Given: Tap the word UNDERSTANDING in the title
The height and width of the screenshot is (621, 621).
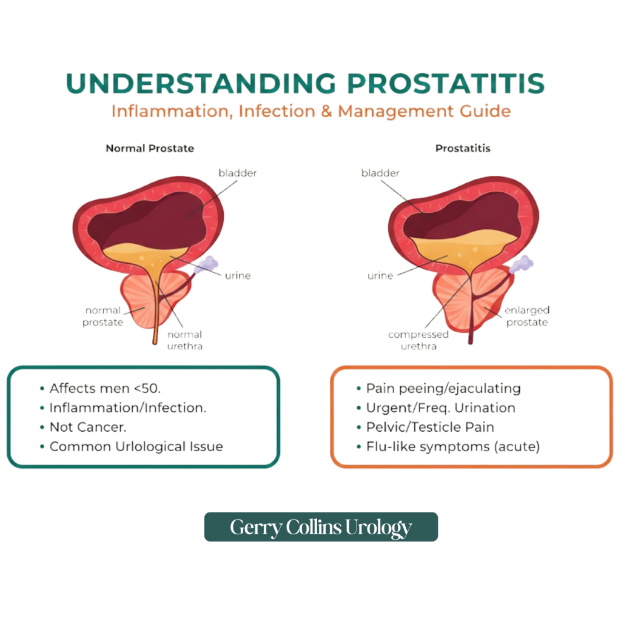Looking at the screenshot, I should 200,84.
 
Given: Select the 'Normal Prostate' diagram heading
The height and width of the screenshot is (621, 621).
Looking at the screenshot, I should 150,148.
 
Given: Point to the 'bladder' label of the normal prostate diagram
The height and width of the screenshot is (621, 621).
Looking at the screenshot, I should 237,173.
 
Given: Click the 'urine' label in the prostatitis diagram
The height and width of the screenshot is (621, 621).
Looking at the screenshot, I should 380,276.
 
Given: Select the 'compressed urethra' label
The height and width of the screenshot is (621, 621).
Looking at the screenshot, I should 418,340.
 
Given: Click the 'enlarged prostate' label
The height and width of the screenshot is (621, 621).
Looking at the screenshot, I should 526,316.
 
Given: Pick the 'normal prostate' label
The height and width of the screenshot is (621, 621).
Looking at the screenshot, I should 102,316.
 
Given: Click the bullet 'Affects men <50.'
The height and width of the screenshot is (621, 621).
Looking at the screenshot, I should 104,389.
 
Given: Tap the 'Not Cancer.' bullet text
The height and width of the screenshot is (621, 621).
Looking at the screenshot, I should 88,427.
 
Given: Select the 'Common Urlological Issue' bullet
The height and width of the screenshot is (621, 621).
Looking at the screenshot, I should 136,446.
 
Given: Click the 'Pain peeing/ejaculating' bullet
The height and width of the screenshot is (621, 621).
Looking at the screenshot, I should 443,389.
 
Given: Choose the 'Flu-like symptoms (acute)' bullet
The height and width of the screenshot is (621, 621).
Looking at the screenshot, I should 452,446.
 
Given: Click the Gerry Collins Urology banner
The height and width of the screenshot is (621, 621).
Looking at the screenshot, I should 321,527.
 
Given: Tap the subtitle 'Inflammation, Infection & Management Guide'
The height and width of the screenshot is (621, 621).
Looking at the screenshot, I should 310,112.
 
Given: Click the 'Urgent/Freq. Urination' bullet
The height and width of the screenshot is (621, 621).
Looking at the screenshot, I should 440,408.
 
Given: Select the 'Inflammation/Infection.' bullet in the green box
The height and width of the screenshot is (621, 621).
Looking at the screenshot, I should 127,408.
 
